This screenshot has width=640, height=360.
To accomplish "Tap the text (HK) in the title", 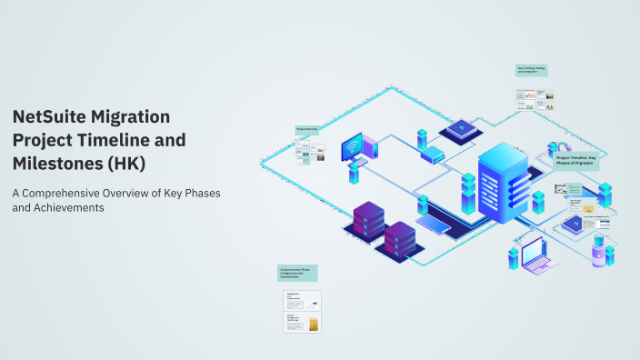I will coord(126,163).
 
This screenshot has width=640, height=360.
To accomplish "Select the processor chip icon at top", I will coord(461,128).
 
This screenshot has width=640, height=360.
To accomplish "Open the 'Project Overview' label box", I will coord(307,130).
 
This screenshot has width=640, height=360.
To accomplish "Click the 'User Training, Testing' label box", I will coord(531,70).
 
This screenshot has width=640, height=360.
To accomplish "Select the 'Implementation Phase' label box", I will coord(297,273).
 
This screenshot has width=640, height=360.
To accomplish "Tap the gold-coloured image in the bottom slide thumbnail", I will coord(314,325).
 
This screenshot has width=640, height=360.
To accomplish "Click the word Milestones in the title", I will coord(56,163).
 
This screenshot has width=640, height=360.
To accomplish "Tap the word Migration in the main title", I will coord(138,117).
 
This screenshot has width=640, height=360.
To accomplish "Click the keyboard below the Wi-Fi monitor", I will coord(357,164).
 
